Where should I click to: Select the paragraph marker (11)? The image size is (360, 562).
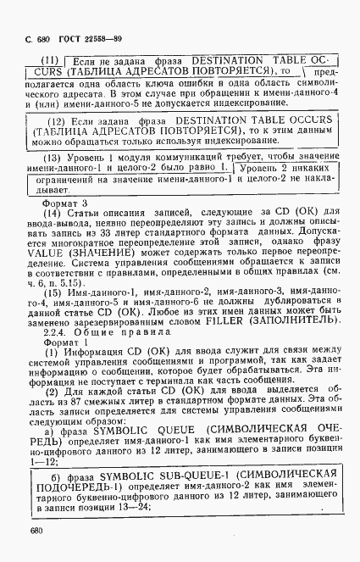point(49,61)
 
